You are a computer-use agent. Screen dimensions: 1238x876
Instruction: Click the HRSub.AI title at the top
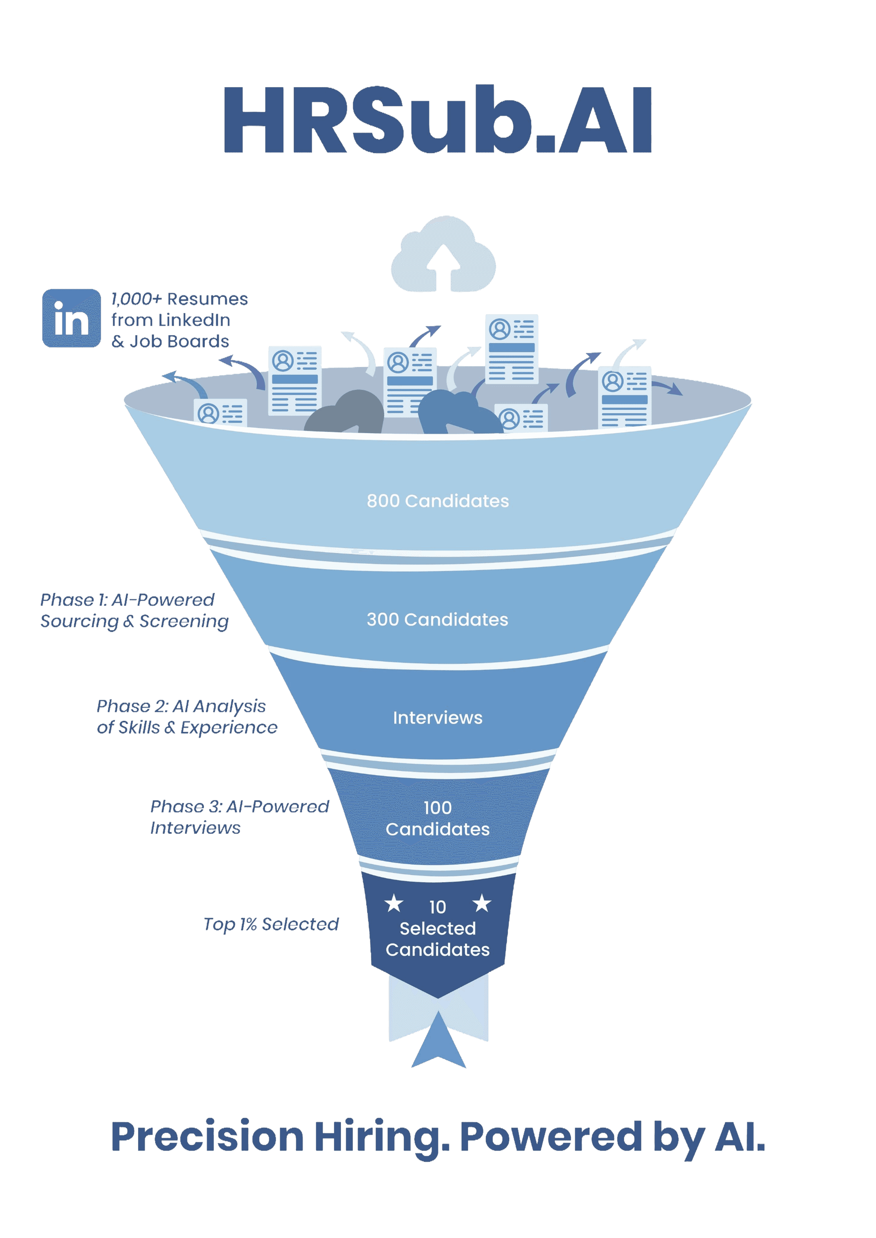pyautogui.click(x=438, y=120)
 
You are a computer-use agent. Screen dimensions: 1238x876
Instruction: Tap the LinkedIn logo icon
pyautogui.click(x=72, y=318)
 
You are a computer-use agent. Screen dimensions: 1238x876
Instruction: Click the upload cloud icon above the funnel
pyautogui.click(x=443, y=254)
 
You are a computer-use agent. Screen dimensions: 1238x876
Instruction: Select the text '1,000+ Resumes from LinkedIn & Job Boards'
pyautogui.click(x=179, y=320)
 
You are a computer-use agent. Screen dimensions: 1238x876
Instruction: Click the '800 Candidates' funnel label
pyautogui.click(x=438, y=501)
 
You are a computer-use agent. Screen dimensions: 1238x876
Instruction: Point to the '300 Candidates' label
pyautogui.click(x=438, y=620)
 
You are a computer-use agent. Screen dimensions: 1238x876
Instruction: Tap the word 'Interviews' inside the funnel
pyautogui.click(x=438, y=718)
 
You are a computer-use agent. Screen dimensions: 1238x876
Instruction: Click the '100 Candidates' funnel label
pyautogui.click(x=438, y=818)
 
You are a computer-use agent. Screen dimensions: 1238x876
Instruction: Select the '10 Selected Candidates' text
pyautogui.click(x=438, y=928)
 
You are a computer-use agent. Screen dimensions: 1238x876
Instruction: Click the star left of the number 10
pyautogui.click(x=394, y=903)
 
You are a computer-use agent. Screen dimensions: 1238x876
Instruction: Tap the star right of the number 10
pyautogui.click(x=482, y=903)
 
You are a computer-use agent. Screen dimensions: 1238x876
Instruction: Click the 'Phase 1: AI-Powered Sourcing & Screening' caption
pyautogui.click(x=134, y=611)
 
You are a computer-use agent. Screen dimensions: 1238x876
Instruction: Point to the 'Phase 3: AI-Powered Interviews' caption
pyautogui.click(x=239, y=817)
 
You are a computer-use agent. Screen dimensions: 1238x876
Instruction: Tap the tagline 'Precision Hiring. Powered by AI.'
pyautogui.click(x=438, y=1137)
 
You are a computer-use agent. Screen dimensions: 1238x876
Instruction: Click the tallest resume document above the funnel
pyautogui.click(x=511, y=349)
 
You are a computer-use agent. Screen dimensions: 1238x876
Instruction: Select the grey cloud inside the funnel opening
pyautogui.click(x=345, y=413)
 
